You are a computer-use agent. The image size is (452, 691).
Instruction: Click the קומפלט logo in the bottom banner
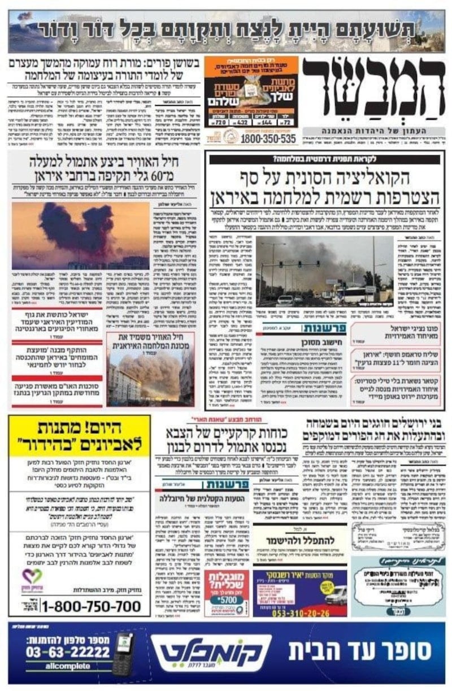point(211,653)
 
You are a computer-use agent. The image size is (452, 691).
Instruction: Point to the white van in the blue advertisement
point(334,595)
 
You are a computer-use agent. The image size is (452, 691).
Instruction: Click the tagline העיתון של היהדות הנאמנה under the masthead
point(373,131)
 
